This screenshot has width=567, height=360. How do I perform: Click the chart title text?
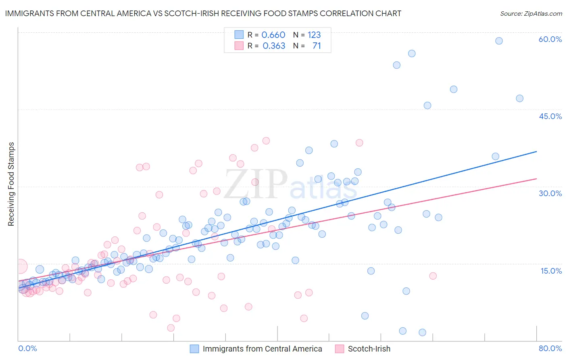pos(203,13)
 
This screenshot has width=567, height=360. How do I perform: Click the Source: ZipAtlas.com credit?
pos(531,13)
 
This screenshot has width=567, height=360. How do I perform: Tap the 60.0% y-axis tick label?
pos(550,39)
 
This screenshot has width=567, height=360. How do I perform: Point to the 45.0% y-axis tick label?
pos(550,116)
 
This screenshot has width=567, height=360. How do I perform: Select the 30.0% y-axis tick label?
pos(550,193)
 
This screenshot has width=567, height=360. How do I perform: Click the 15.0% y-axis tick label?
pos(551,271)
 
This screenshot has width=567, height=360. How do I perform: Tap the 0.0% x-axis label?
pos(27,348)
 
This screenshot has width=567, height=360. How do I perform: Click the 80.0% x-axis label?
pos(550,348)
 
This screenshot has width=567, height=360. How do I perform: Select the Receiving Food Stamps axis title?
pos(11,184)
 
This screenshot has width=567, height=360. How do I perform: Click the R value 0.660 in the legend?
pos(273,35)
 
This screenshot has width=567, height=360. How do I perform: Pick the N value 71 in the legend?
pos(317,46)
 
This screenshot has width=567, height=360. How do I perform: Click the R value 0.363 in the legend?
pos(274,46)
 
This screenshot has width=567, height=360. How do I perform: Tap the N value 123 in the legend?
pos(314,35)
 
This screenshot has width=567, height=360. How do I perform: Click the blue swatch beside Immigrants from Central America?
pos(194,349)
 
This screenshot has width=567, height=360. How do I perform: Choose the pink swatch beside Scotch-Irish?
pos(340,349)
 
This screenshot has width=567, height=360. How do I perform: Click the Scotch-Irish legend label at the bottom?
pos(369,349)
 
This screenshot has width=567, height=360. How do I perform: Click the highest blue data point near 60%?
pos(499,41)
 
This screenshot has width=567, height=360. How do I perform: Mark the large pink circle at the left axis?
pos(20,266)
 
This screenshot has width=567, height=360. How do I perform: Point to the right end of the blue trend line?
pos(536,151)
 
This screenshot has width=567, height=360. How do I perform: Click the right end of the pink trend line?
pos(536,178)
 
